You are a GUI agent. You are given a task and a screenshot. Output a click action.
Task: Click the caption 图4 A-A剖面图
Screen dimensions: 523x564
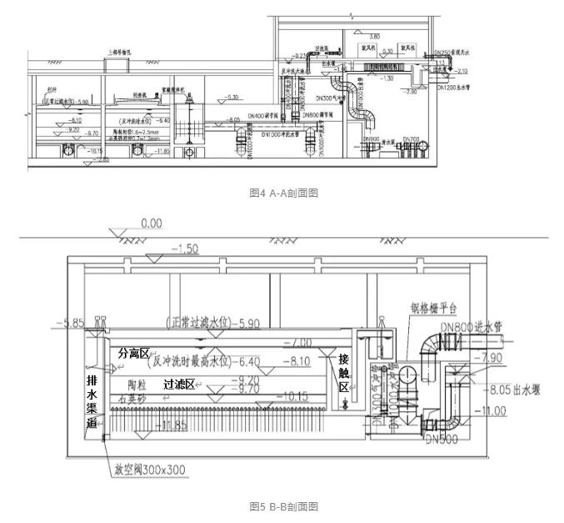tap(284, 193)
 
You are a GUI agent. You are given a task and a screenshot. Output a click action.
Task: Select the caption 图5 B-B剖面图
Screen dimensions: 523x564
tap(284, 505)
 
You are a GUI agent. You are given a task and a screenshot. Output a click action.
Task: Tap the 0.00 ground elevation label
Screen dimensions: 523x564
tap(151, 224)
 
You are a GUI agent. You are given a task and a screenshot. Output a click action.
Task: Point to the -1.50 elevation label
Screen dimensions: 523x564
tap(185, 249)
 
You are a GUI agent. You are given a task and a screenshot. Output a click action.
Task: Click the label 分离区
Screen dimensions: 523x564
tap(133, 354)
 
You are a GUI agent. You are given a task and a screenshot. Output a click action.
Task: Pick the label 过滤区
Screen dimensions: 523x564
tap(179, 385)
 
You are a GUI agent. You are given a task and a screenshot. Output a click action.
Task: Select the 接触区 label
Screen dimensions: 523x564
tap(343, 373)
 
